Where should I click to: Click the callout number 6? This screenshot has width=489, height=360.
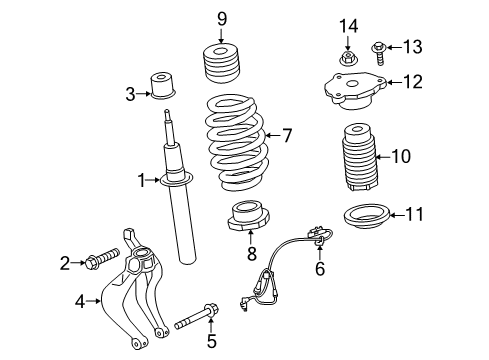320,268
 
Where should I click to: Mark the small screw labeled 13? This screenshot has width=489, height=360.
377,47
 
